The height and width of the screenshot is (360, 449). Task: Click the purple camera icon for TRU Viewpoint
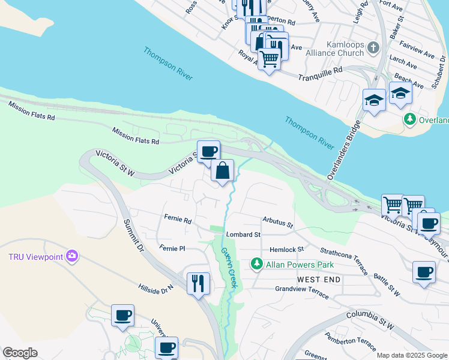[x=73, y=257]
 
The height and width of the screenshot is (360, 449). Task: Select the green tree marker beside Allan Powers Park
[x=256, y=263]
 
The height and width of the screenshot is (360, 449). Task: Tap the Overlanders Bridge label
[x=343, y=151]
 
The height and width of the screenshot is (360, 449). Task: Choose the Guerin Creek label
[x=229, y=269]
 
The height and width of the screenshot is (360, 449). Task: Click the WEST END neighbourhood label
[x=319, y=280]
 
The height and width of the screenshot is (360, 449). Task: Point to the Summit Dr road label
[x=134, y=235]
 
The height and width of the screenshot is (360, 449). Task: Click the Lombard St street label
[x=243, y=235]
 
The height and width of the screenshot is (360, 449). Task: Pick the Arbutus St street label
[x=277, y=223]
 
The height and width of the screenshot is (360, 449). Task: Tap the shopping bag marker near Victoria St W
[x=222, y=170]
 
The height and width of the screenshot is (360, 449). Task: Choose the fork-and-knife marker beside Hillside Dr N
[x=199, y=283]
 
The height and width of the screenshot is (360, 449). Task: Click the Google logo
[x=20, y=353]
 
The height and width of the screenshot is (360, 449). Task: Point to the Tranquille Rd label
[x=321, y=73]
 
